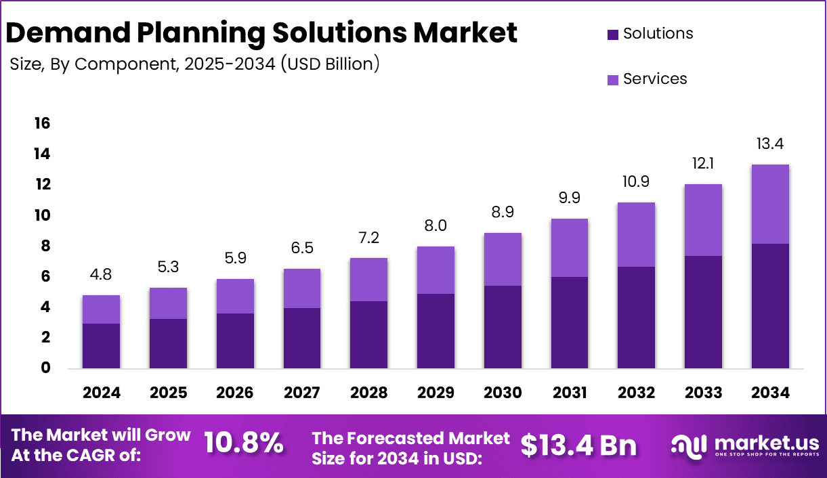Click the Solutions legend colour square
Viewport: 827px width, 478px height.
[613, 35]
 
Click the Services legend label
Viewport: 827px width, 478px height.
[655, 79]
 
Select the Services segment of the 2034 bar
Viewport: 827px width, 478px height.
[770, 204]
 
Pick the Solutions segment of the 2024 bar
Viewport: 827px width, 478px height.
[101, 345]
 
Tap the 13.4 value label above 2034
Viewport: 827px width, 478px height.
[770, 144]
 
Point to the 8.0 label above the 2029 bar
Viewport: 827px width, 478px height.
[436, 225]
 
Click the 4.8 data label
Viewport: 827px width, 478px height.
[101, 275]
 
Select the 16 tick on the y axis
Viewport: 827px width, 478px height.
[42, 123]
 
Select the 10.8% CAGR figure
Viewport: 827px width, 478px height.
[243, 443]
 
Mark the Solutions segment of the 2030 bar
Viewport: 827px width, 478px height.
[503, 327]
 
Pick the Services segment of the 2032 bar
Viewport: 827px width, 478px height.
[636, 234]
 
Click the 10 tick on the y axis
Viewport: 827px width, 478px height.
[42, 215]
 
